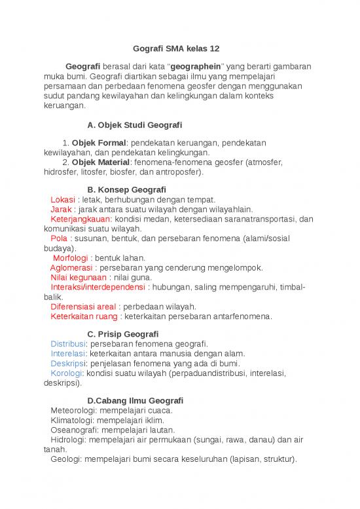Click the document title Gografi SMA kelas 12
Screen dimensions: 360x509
click(179, 49)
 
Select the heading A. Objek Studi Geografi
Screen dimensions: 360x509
click(134, 124)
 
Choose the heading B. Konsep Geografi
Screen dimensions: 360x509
click(126, 190)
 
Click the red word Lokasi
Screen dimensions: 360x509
click(63, 200)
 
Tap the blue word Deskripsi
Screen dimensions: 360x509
click(67, 364)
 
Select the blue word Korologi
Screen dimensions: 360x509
click(66, 373)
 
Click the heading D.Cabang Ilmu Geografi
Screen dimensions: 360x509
click(135, 401)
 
